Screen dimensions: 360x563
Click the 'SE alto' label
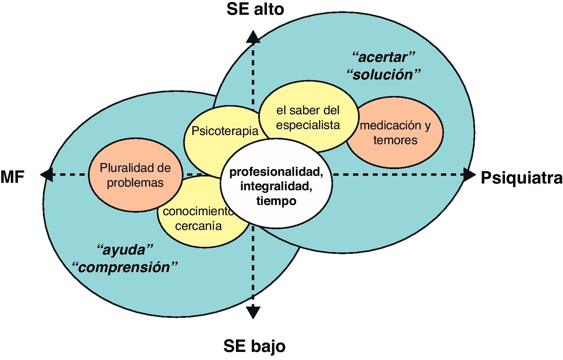[x=255, y=9]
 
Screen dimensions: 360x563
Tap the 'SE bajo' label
[x=254, y=346]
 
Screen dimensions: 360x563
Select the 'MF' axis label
[x=12, y=177]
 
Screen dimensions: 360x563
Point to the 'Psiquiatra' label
[x=521, y=178]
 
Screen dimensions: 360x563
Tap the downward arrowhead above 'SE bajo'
[x=253, y=312]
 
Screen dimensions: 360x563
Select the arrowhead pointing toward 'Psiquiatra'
[x=469, y=175]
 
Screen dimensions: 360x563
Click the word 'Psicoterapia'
[x=225, y=131]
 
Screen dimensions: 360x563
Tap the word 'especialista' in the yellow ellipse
[x=308, y=125]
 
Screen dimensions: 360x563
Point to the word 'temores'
[x=395, y=140]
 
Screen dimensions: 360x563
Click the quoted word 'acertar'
[x=384, y=57]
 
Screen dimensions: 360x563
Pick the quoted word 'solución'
[x=384, y=75]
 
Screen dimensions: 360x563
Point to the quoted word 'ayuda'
[x=125, y=250]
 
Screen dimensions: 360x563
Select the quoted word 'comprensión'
[x=125, y=267]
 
